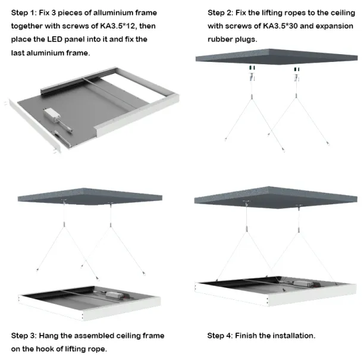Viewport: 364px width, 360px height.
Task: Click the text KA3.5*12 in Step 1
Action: pyautogui.click(x=117, y=26)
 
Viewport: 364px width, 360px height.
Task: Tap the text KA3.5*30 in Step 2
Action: pyautogui.click(x=280, y=26)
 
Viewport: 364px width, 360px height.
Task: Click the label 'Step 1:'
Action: pyautogui.click(x=24, y=12)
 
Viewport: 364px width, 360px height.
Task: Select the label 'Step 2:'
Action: pyautogui.click(x=220, y=12)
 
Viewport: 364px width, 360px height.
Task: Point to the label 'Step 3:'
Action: pyautogui.click(x=24, y=336)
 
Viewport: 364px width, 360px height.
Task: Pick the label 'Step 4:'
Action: pyautogui.click(x=220, y=336)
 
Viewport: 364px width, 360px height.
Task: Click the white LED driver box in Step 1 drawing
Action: pyautogui.click(x=52, y=115)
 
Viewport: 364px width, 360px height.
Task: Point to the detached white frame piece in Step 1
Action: pyautogui.click(x=35, y=126)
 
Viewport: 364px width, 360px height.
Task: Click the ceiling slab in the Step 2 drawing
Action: pyautogui.click(x=277, y=57)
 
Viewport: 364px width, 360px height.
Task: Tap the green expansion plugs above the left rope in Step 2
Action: pyautogui.click(x=252, y=68)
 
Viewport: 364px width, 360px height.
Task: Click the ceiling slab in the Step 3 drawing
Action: pyautogui.click(x=90, y=196)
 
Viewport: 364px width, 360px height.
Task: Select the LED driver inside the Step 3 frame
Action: pyautogui.click(x=114, y=295)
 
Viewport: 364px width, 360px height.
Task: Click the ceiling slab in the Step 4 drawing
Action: pyautogui.click(x=276, y=197)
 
